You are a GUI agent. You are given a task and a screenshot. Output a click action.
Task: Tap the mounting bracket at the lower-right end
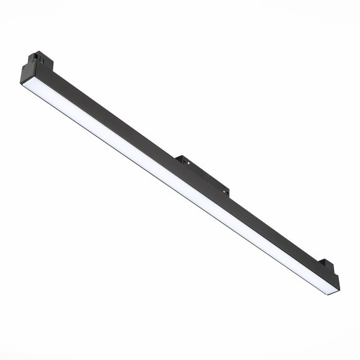click(328, 266)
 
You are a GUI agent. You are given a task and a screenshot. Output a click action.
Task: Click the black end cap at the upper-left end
click(29, 71)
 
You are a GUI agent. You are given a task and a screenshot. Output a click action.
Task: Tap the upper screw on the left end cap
click(32, 61)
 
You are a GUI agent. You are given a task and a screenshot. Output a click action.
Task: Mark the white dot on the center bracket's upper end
click(188, 163)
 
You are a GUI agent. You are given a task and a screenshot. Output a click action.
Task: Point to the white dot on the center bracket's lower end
click(223, 191)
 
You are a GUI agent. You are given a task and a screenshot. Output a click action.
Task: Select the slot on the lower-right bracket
click(331, 268)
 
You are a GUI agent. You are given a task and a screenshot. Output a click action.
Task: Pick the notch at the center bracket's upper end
click(184, 163)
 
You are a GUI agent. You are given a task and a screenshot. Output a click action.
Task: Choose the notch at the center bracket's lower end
click(227, 193)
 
